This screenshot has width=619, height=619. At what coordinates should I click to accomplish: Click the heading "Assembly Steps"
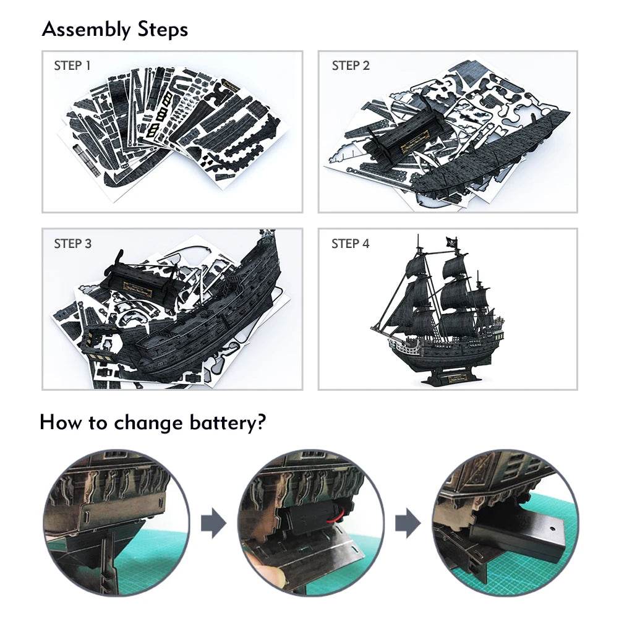coord(115,29)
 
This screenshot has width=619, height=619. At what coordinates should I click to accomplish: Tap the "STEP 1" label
coord(72,66)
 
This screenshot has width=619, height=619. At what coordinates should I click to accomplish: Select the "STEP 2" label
coord(351,66)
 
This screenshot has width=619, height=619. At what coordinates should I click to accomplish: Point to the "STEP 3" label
coord(72,244)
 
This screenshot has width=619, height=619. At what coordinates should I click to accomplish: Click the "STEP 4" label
coord(351,244)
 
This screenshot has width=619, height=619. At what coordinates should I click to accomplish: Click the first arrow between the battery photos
coord(213,523)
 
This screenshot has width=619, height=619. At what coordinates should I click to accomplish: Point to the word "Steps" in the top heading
coord(159,29)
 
